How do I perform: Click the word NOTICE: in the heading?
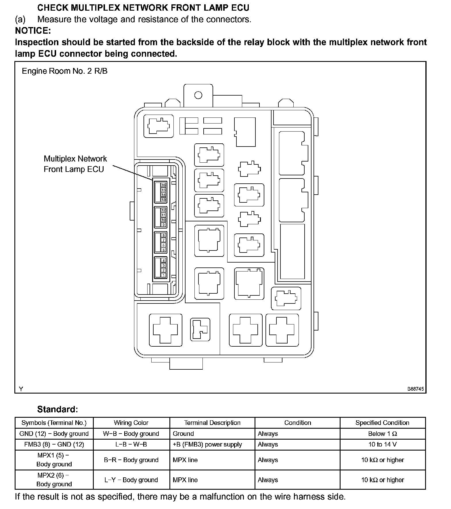pyautogui.click(x=33, y=31)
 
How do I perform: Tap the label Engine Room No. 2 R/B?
pyautogui.click(x=65, y=71)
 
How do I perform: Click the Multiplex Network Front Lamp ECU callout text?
pyautogui.click(x=75, y=164)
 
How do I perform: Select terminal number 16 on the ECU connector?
pyautogui.click(x=164, y=185)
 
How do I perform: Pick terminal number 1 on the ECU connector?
pyautogui.click(x=164, y=276)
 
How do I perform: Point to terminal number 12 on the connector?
pyautogui.click(x=164, y=210)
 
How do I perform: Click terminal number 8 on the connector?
pyautogui.click(x=164, y=235)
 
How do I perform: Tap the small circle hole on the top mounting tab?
pyautogui.click(x=198, y=95)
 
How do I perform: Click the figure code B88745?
pyautogui.click(x=415, y=389)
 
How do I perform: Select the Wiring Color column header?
pyautogui.click(x=131, y=423)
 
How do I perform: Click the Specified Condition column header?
pyautogui.click(x=382, y=423)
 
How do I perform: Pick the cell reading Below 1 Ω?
pyautogui.click(x=382, y=434)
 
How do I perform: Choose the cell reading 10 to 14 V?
pyautogui.click(x=382, y=445)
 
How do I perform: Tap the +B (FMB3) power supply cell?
pyautogui.click(x=207, y=445)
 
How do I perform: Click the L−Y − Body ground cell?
pyautogui.click(x=131, y=480)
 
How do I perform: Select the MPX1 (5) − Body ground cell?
pyautogui.click(x=54, y=460)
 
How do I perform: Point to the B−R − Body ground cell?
pyautogui.click(x=131, y=460)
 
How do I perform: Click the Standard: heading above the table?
pyautogui.click(x=58, y=409)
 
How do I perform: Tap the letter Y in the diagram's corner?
pyautogui.click(x=21, y=389)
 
